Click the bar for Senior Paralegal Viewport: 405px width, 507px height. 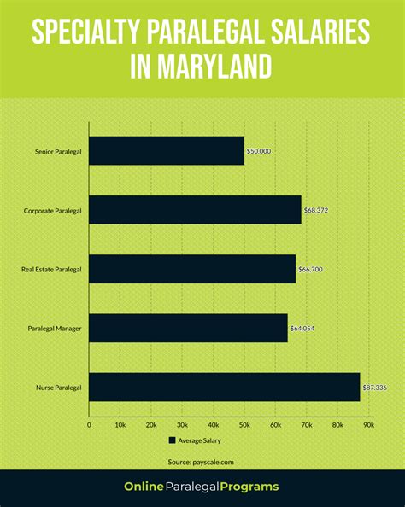167,151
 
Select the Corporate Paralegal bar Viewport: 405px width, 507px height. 195,210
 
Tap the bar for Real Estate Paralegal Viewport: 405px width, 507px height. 192,269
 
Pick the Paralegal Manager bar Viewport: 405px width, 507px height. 188,328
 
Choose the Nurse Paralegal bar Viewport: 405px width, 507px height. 225,387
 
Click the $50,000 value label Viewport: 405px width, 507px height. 259,151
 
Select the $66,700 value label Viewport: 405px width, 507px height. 312,269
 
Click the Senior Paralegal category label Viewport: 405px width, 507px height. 57,151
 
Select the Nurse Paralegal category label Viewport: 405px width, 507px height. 59,388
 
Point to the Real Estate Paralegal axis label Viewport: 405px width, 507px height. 51,270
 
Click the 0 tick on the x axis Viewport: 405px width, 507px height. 89,423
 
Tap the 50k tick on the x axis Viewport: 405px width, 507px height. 244,423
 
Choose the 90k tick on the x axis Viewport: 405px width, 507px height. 368,423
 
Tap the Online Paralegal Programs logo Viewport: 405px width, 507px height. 202,487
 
